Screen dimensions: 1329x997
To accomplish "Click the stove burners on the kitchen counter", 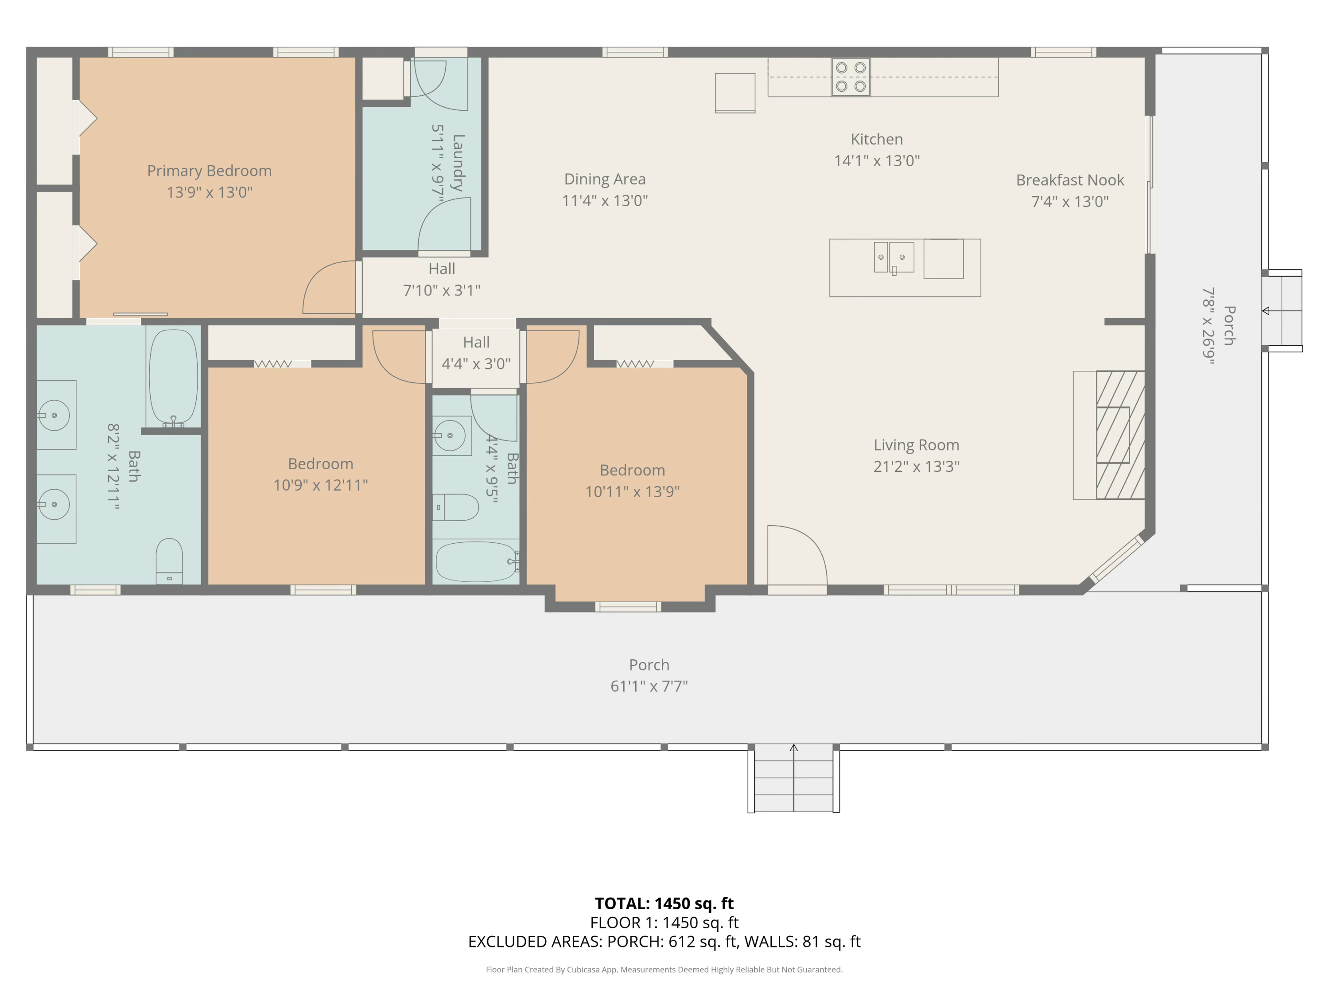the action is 851,77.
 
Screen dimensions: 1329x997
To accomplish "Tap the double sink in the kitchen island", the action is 894,257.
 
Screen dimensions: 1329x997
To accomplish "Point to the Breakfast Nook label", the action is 1070,180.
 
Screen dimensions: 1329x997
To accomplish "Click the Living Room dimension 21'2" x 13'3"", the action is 916,466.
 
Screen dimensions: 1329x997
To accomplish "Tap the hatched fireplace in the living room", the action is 1120,435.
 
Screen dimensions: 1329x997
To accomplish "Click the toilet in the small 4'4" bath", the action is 455,507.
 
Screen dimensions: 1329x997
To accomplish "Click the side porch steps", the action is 1282,311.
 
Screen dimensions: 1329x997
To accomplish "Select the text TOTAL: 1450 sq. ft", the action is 664,903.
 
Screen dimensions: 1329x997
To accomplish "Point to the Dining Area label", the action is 605,179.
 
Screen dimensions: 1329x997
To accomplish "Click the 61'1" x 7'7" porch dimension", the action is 649,686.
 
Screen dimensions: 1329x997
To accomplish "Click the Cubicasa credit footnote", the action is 664,970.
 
